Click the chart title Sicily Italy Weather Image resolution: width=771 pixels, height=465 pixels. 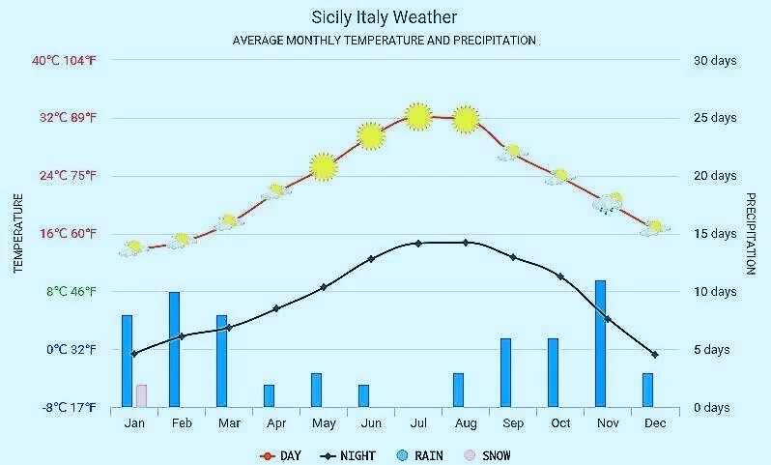click(x=385, y=17)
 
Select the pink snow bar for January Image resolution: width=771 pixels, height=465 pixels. click(x=141, y=395)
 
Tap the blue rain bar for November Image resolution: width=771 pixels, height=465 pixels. click(x=600, y=343)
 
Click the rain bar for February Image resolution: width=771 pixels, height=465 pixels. click(x=174, y=349)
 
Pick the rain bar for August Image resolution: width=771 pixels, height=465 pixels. click(x=458, y=390)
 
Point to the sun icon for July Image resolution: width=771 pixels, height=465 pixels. click(x=417, y=116)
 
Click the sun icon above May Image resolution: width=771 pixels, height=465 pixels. click(x=324, y=167)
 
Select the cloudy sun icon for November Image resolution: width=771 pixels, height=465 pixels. click(x=609, y=202)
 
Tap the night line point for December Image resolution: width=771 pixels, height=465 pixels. click(x=654, y=355)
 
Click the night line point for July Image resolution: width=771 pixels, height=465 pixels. click(x=418, y=243)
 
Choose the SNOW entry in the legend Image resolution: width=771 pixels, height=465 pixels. click(x=488, y=455)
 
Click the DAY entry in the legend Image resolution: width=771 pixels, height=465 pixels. click(x=281, y=455)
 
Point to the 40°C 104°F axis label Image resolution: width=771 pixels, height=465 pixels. click(x=65, y=60)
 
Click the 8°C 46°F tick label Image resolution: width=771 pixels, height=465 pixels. click(x=65, y=291)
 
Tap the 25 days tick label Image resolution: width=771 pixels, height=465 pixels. click(x=715, y=118)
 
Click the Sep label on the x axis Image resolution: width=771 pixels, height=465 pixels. click(x=513, y=423)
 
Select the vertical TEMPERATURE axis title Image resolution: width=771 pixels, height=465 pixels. click(x=18, y=233)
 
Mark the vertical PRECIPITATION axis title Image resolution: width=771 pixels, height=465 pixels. click(x=750, y=233)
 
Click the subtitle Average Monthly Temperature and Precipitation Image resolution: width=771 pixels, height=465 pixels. click(x=385, y=41)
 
